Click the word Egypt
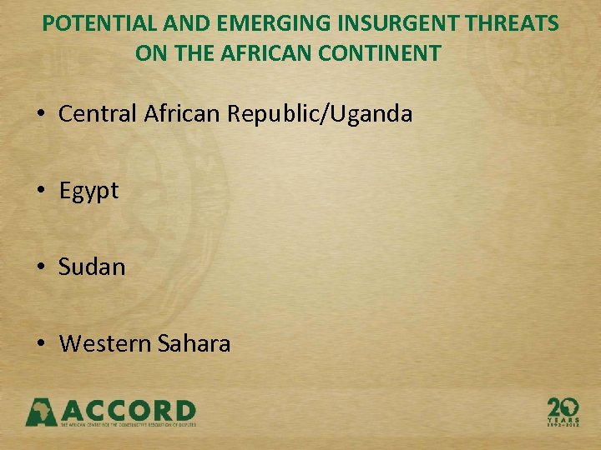click(89, 191)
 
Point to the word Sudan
click(92, 267)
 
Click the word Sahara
click(192, 342)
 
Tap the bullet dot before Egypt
click(42, 191)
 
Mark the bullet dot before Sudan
click(42, 267)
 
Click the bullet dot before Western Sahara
click(42, 343)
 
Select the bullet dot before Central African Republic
click(42, 114)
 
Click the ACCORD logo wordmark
click(129, 412)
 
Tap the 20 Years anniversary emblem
click(563, 411)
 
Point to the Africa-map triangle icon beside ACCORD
click(41, 412)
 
